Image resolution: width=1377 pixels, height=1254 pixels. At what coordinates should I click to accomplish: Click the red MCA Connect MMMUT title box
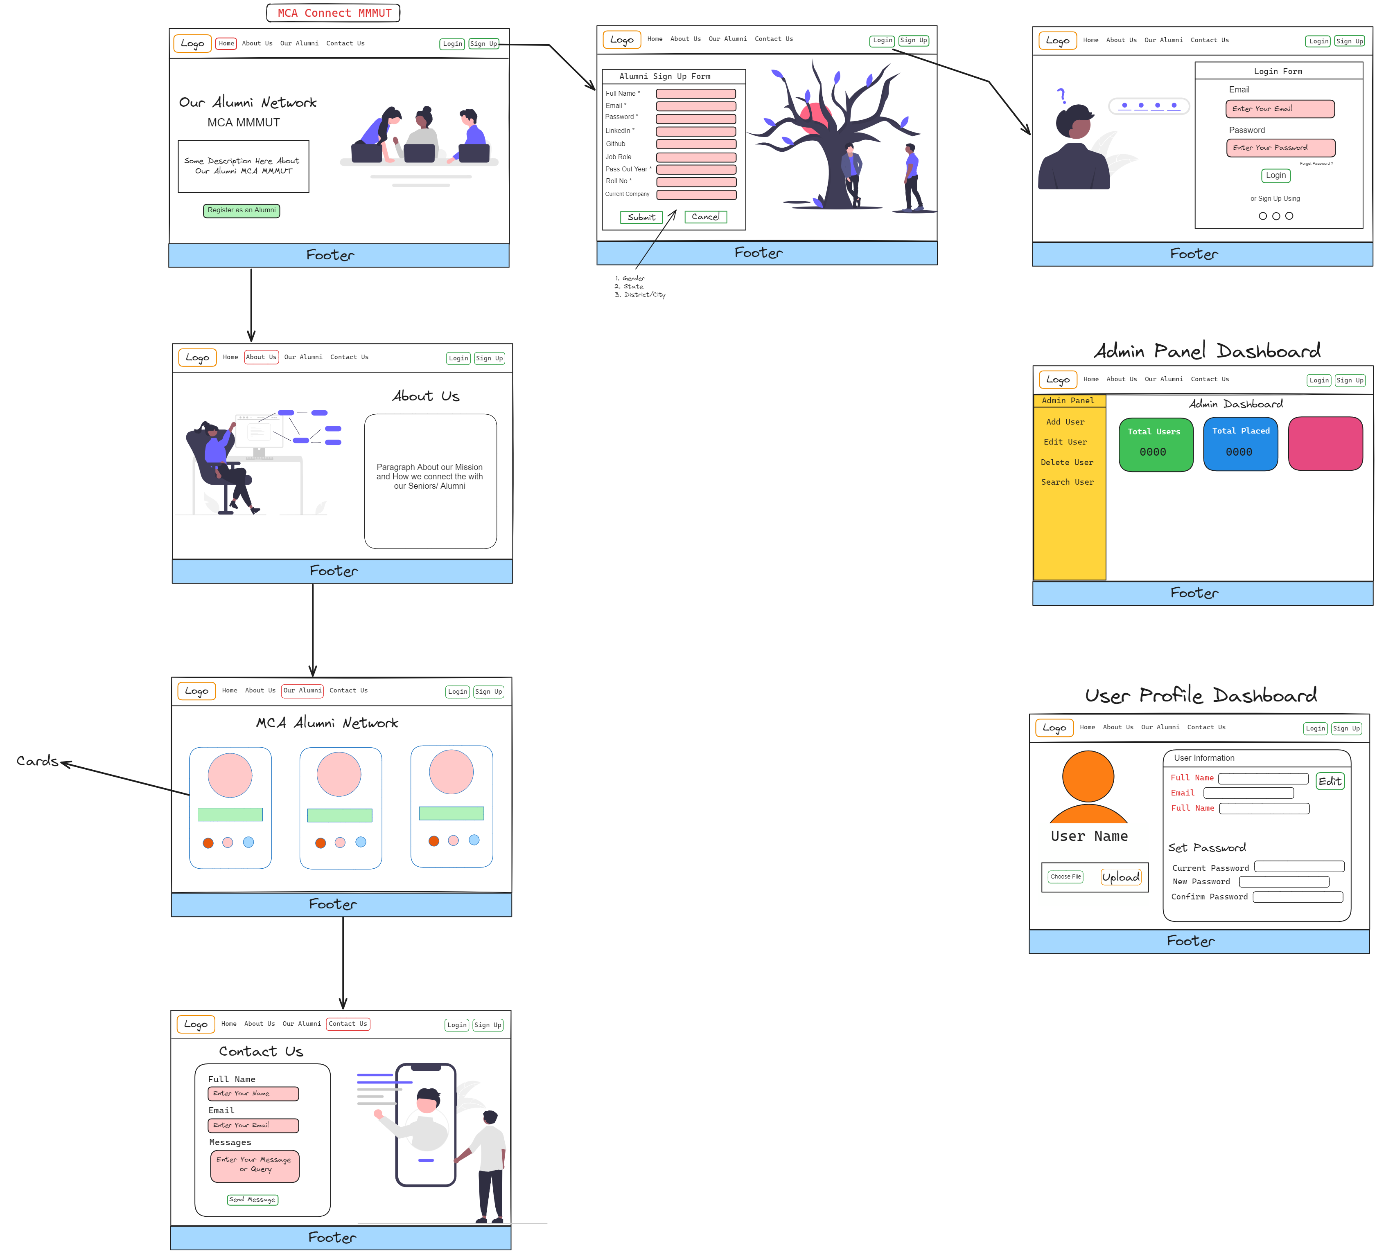tap(333, 13)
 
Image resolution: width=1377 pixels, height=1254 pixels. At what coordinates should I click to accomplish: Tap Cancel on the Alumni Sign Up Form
tap(706, 216)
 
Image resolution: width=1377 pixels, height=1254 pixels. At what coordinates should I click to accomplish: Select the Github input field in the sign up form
tap(696, 144)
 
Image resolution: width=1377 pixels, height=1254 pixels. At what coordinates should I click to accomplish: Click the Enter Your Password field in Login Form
tap(1280, 148)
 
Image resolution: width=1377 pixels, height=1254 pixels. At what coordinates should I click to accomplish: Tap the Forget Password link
tap(1316, 163)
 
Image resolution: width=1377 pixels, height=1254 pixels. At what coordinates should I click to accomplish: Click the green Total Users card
tap(1156, 445)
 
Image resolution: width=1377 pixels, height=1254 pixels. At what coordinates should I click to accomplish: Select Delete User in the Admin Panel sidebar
tap(1067, 462)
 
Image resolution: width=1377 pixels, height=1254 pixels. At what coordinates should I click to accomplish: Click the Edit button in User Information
tap(1330, 781)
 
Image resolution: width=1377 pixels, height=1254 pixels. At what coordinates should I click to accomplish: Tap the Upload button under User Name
tap(1121, 877)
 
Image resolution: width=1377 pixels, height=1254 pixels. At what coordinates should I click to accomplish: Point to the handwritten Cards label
tap(37, 760)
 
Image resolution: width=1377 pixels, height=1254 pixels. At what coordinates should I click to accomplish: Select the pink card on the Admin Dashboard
tap(1325, 444)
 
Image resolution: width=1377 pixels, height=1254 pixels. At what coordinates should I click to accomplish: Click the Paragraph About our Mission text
tap(430, 476)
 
